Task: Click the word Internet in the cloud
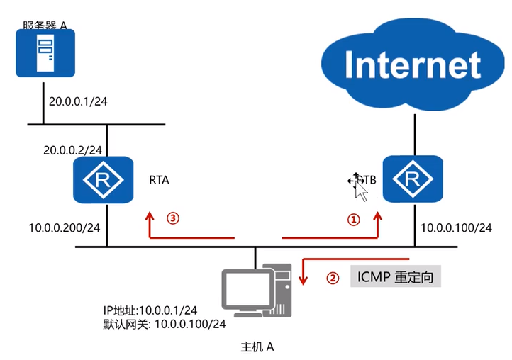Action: click(x=412, y=64)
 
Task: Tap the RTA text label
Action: click(x=160, y=181)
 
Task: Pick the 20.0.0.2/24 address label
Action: click(x=73, y=150)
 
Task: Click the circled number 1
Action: click(x=353, y=220)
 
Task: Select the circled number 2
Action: click(x=331, y=278)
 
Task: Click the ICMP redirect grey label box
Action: click(x=396, y=276)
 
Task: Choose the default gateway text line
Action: click(x=165, y=324)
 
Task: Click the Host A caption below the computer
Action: click(x=257, y=347)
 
